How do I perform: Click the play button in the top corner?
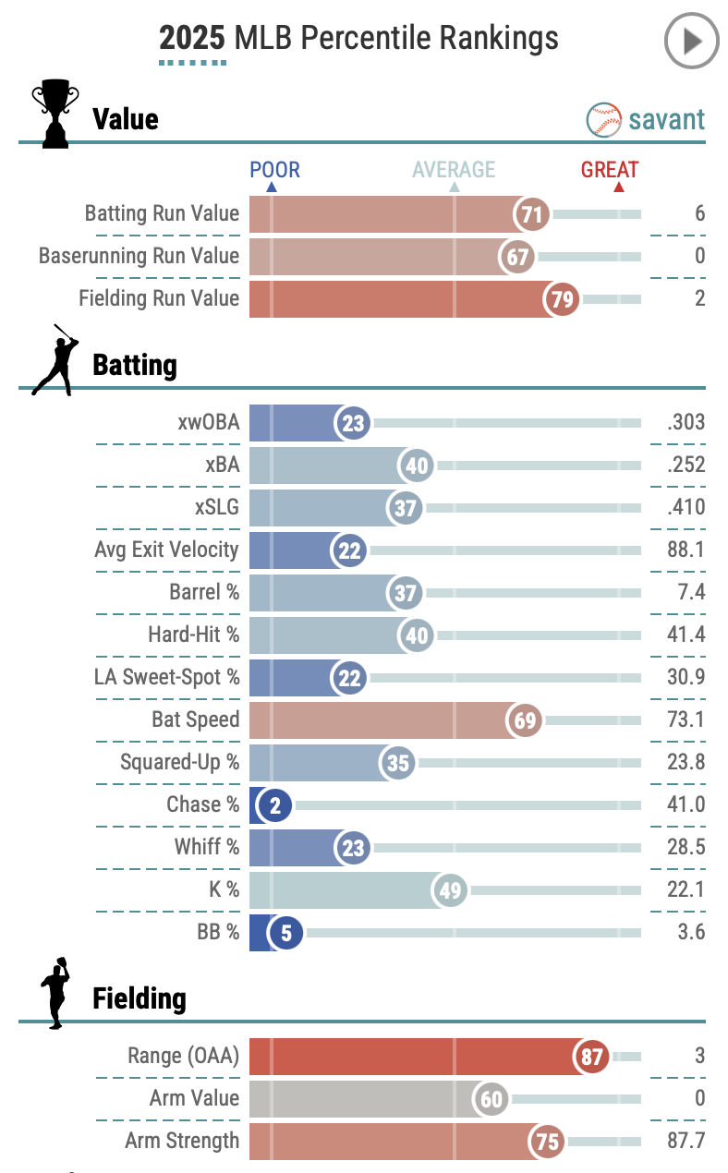pyautogui.click(x=691, y=42)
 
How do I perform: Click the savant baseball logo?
pyautogui.click(x=604, y=119)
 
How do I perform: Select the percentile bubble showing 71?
pyautogui.click(x=531, y=214)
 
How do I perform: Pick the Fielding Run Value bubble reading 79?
pyautogui.click(x=562, y=299)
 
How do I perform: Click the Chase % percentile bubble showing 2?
pyautogui.click(x=275, y=805)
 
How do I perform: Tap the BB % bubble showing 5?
pyautogui.click(x=286, y=933)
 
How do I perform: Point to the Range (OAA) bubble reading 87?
pyautogui.click(x=591, y=1057)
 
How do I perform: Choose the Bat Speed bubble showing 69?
pyautogui.click(x=525, y=720)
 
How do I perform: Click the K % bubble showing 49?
pyautogui.click(x=451, y=891)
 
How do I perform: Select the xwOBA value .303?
pyautogui.click(x=685, y=423)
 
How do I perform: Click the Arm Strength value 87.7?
pyautogui.click(x=685, y=1141)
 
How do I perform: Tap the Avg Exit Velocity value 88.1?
pyautogui.click(x=685, y=550)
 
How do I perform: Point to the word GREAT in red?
pyautogui.click(x=610, y=170)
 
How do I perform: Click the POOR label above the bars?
pyautogui.click(x=274, y=170)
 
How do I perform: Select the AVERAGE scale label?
pyautogui.click(x=454, y=170)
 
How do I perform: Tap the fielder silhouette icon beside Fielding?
pyautogui.click(x=55, y=993)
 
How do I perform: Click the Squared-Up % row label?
pyautogui.click(x=179, y=763)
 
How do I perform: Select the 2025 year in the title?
pyautogui.click(x=192, y=39)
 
